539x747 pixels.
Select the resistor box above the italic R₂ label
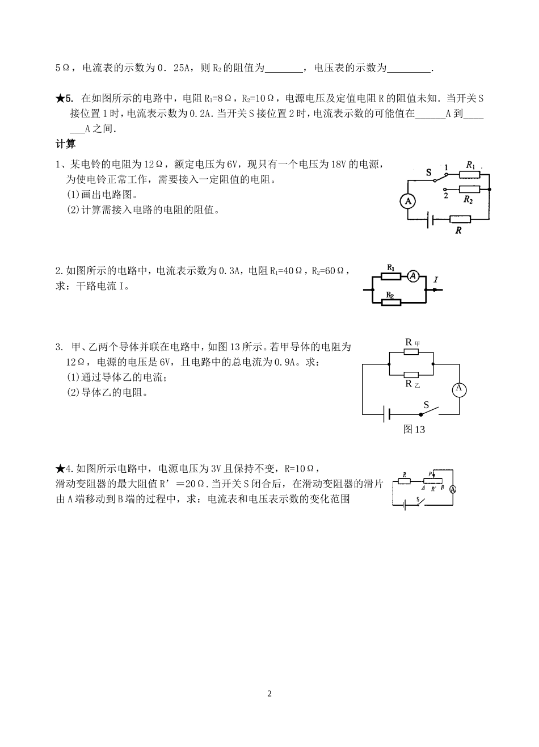click(468, 189)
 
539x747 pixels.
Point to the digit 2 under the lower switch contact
click(445, 196)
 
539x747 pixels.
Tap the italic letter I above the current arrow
click(435, 279)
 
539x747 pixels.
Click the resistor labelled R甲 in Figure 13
click(411, 351)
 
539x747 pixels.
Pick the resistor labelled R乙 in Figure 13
click(411, 375)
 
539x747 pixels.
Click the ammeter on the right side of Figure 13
click(458, 389)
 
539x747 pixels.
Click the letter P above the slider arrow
click(431, 473)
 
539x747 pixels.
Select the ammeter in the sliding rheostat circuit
click(453, 489)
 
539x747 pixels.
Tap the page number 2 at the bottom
click(269, 694)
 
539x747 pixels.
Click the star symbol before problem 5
click(61, 98)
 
